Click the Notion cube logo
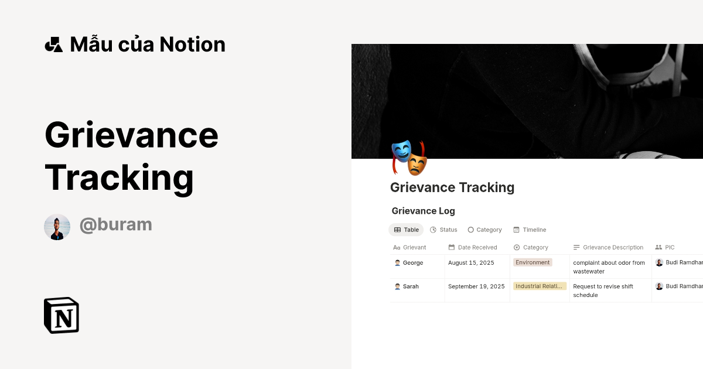coord(62,315)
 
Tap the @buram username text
coord(115,224)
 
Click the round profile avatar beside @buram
coord(57,227)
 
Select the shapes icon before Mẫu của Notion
coord(53,45)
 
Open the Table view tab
coord(406,230)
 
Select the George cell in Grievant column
coord(412,263)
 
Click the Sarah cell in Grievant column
coord(411,286)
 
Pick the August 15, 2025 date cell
coord(471,263)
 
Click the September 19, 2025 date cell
coord(476,286)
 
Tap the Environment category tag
coord(533,262)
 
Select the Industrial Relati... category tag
coord(540,286)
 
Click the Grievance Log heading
coord(423,211)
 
